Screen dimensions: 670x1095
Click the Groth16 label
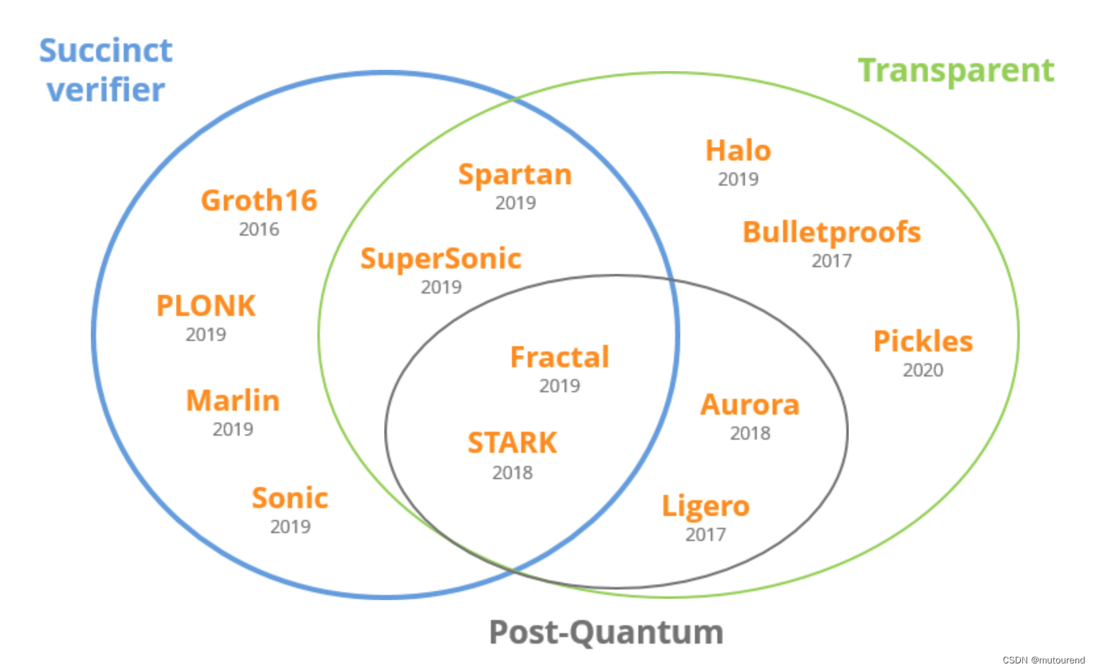(259, 201)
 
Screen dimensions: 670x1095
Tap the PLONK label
(206, 306)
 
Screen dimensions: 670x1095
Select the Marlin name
(233, 401)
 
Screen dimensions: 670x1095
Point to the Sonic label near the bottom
(290, 498)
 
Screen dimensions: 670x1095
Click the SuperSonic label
(441, 259)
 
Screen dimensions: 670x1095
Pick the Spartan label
(515, 174)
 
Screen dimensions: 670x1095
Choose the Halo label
(738, 151)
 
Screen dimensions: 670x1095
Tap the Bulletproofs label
(832, 232)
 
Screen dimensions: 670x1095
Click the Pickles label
(923, 342)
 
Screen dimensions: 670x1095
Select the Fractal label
(560, 357)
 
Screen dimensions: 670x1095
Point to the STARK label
(512, 443)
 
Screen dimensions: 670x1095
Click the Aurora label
(750, 405)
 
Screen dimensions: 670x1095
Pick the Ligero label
(705, 506)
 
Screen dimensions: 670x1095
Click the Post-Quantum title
(606, 632)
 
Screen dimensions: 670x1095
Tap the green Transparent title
(955, 70)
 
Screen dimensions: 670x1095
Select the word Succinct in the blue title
(106, 51)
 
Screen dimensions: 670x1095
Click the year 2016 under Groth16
(259, 229)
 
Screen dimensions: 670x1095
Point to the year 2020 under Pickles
(923, 370)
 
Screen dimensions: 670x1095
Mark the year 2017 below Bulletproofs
(832, 261)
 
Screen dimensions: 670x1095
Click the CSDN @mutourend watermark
(1044, 660)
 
